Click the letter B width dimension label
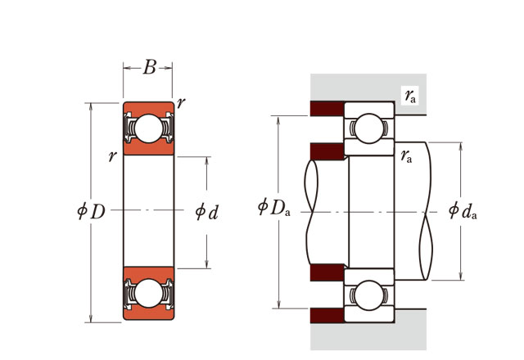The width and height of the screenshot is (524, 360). click(149, 68)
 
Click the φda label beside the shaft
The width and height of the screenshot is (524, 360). click(463, 211)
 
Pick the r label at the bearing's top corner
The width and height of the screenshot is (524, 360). click(180, 102)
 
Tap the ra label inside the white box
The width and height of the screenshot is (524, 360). click(410, 97)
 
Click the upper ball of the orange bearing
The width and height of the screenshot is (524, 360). click(148, 128)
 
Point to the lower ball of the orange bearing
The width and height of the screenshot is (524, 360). click(148, 293)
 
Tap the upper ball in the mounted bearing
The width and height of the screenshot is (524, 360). click(368, 128)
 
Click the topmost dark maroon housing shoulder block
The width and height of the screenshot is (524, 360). click(327, 109)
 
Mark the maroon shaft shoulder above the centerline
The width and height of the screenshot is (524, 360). click(327, 151)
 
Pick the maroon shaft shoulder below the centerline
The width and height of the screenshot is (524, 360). click(327, 272)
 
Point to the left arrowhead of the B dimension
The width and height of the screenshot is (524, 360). click(126, 68)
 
